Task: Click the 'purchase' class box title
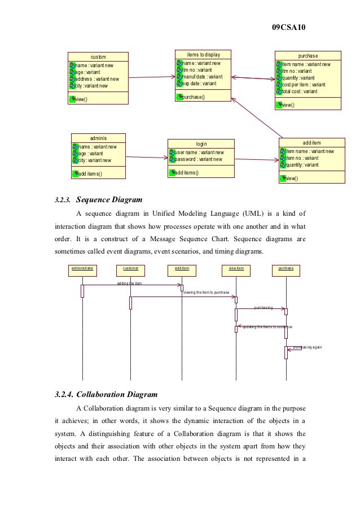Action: (x=308, y=56)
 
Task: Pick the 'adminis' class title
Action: (x=99, y=138)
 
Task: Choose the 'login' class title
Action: (x=201, y=144)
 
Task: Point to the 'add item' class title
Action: (x=311, y=142)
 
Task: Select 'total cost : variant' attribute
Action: (x=300, y=91)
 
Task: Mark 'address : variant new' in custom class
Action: (x=97, y=79)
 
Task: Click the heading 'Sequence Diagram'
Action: (x=109, y=199)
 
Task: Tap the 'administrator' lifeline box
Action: (x=82, y=268)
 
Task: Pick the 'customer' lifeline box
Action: (x=130, y=268)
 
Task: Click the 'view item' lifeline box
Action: (x=236, y=268)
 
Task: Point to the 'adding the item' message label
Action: (x=129, y=283)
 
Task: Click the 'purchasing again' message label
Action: (x=308, y=347)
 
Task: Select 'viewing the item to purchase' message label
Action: (x=206, y=293)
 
